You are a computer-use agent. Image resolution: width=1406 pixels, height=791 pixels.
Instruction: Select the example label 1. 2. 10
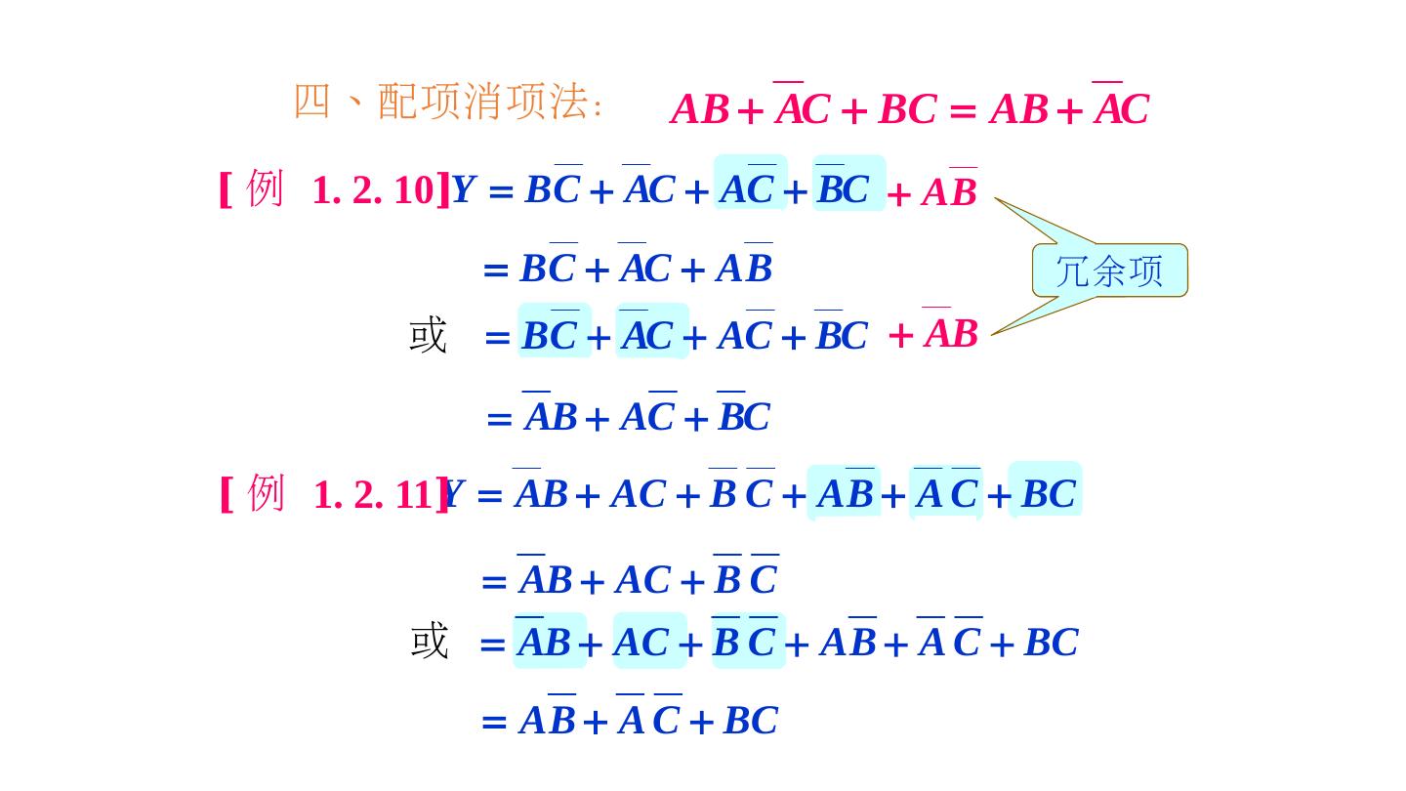pos(372,190)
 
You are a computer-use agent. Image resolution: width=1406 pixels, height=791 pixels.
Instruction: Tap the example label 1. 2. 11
pos(372,495)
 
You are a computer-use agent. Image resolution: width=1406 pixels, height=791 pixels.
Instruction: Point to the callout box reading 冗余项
pos(1109,271)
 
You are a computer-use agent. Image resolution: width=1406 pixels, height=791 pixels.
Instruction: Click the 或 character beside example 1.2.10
pos(428,335)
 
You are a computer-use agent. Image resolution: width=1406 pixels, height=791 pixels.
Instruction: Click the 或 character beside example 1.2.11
pos(429,642)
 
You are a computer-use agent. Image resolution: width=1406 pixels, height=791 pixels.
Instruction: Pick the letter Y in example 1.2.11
pos(452,495)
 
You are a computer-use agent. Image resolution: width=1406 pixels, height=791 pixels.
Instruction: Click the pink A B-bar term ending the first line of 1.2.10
pos(949,191)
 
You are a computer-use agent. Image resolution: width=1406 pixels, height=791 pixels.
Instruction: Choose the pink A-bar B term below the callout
pos(950,333)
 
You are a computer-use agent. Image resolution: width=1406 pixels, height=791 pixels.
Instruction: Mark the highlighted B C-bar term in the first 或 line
pos(553,335)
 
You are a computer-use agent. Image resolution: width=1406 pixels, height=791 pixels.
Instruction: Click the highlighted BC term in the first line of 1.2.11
pos(1047,494)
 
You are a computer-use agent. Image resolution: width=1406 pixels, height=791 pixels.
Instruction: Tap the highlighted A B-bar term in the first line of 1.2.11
pos(845,494)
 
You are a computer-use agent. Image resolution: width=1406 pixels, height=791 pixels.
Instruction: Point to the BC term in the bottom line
pos(750,721)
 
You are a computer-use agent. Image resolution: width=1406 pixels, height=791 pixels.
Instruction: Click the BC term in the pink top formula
pos(907,109)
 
